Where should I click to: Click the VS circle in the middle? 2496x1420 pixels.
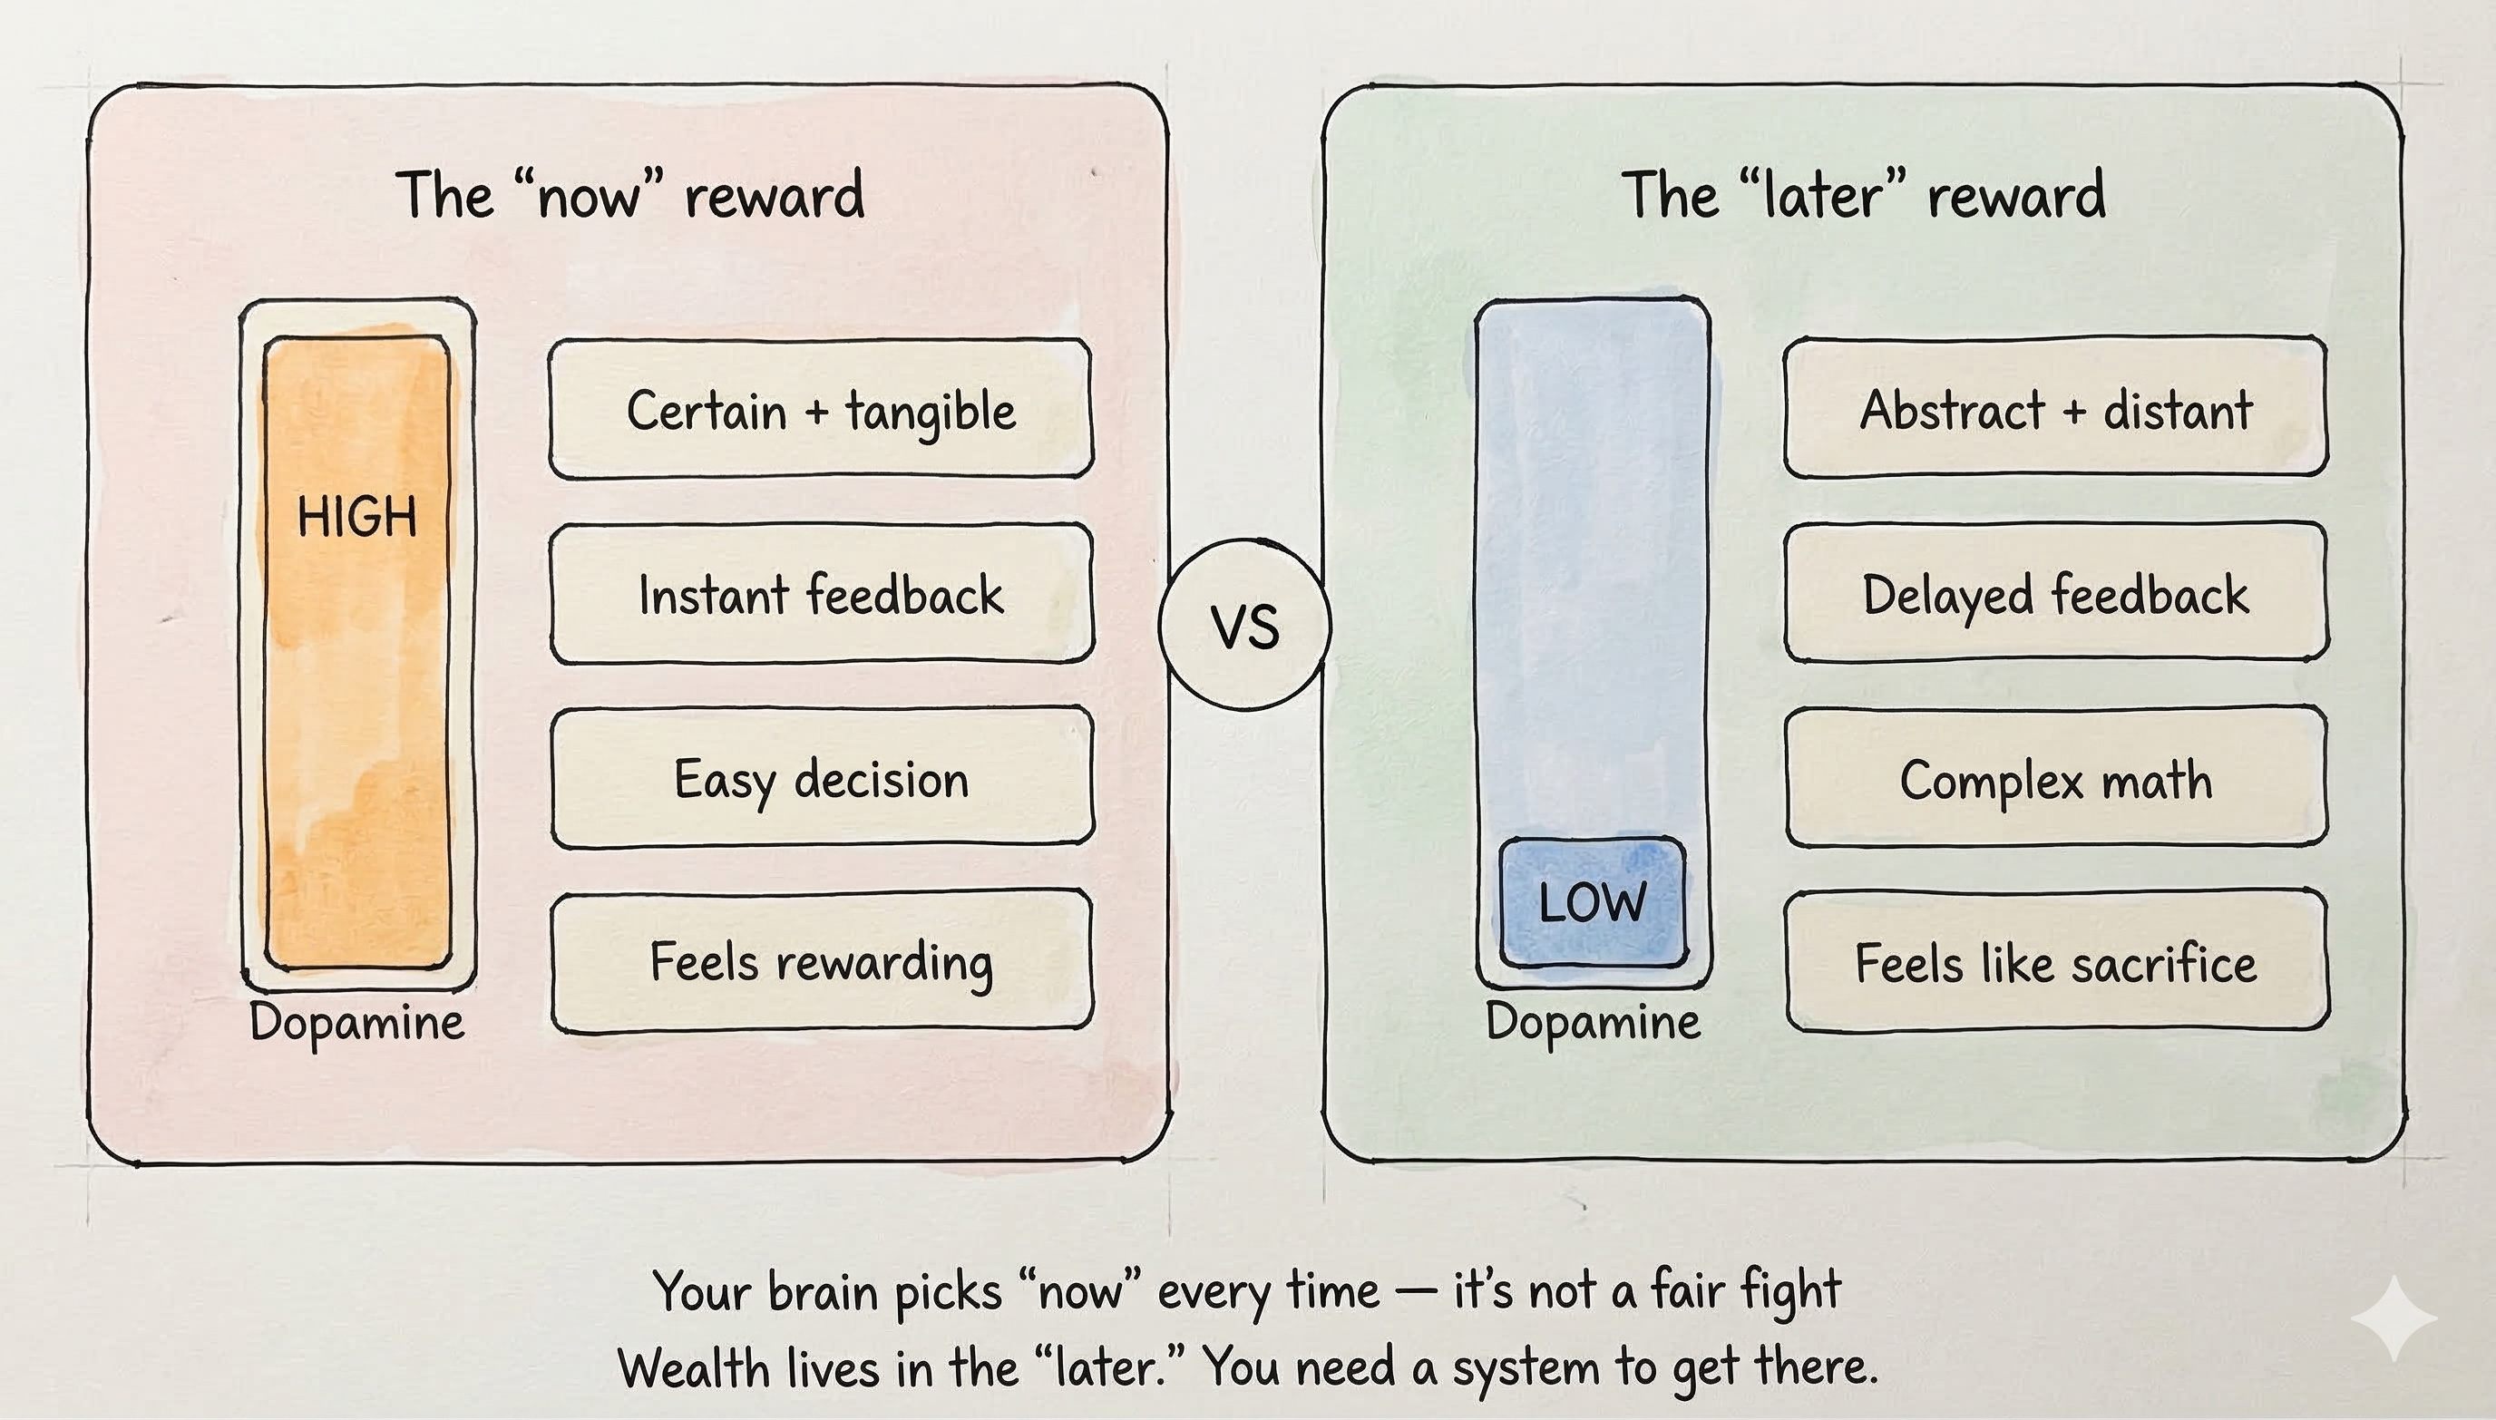pos(1245,625)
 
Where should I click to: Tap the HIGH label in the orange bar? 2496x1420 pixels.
pos(357,516)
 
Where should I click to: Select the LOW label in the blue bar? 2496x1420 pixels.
pos(1592,902)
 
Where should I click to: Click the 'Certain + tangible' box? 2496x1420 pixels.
pos(820,410)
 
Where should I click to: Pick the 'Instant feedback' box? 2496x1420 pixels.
pos(822,594)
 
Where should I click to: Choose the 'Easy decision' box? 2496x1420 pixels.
pos(822,778)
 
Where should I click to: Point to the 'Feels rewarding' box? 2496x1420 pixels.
pos(822,961)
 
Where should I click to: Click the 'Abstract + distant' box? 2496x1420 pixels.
pos(2055,409)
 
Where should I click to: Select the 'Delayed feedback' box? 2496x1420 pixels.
pos(2056,594)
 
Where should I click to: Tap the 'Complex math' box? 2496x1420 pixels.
pos(2056,778)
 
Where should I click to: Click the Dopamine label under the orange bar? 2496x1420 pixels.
pos(357,1022)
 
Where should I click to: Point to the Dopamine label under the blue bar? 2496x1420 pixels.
pos(1593,1021)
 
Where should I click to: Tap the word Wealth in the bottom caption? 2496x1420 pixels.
pos(694,1367)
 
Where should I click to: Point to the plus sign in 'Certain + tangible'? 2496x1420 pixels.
pos(816,412)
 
